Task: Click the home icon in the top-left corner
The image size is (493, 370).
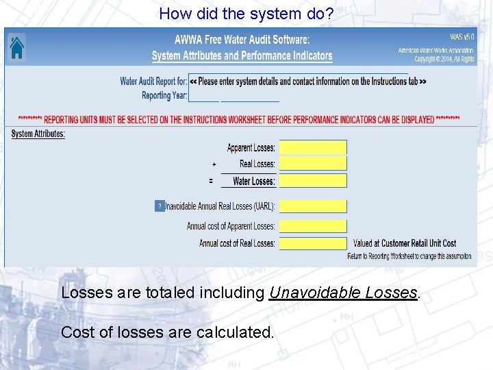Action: coord(16,47)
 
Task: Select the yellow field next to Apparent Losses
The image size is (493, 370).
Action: coord(313,147)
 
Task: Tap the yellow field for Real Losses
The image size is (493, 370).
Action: coord(313,164)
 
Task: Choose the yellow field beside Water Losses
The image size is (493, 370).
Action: coord(313,181)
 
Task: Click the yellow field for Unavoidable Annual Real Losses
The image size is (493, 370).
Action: coord(313,206)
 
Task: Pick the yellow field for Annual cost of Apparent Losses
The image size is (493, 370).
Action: coord(313,226)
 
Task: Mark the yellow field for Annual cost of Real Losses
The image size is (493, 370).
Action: coord(313,243)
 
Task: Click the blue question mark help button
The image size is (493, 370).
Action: coord(160,206)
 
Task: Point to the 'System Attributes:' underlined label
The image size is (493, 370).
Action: coord(38,134)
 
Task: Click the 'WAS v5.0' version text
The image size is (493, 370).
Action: coord(462,36)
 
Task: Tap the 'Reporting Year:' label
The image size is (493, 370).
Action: coord(164,96)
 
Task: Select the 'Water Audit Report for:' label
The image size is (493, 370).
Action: coord(153,82)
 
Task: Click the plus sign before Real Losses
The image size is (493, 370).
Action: coord(214,164)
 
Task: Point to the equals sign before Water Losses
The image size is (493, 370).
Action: coord(211,181)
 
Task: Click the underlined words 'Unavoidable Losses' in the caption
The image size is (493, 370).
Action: coord(342,293)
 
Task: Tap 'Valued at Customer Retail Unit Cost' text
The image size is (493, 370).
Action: coord(405,243)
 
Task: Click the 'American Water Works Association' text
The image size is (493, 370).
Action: coord(436,51)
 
